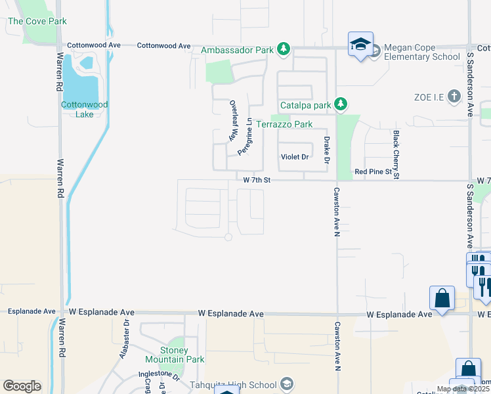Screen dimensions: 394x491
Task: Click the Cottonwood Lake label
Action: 84,109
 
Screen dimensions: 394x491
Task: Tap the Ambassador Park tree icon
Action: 283,49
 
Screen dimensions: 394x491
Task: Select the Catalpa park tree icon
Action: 340,104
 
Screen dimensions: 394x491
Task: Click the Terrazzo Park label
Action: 284,124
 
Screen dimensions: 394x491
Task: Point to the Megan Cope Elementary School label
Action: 421,52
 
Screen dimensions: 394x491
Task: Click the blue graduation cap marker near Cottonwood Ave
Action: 360,45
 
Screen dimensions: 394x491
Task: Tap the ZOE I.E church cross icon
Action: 454,97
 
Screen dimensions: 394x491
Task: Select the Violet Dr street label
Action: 294,157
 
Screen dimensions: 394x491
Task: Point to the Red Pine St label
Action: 373,171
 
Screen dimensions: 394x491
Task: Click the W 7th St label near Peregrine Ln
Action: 257,179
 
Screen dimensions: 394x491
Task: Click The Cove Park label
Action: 37,22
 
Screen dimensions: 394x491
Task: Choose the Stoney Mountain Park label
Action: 175,355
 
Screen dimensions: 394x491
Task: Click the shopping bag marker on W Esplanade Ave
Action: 442,297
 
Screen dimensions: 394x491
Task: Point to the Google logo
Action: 22,386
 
